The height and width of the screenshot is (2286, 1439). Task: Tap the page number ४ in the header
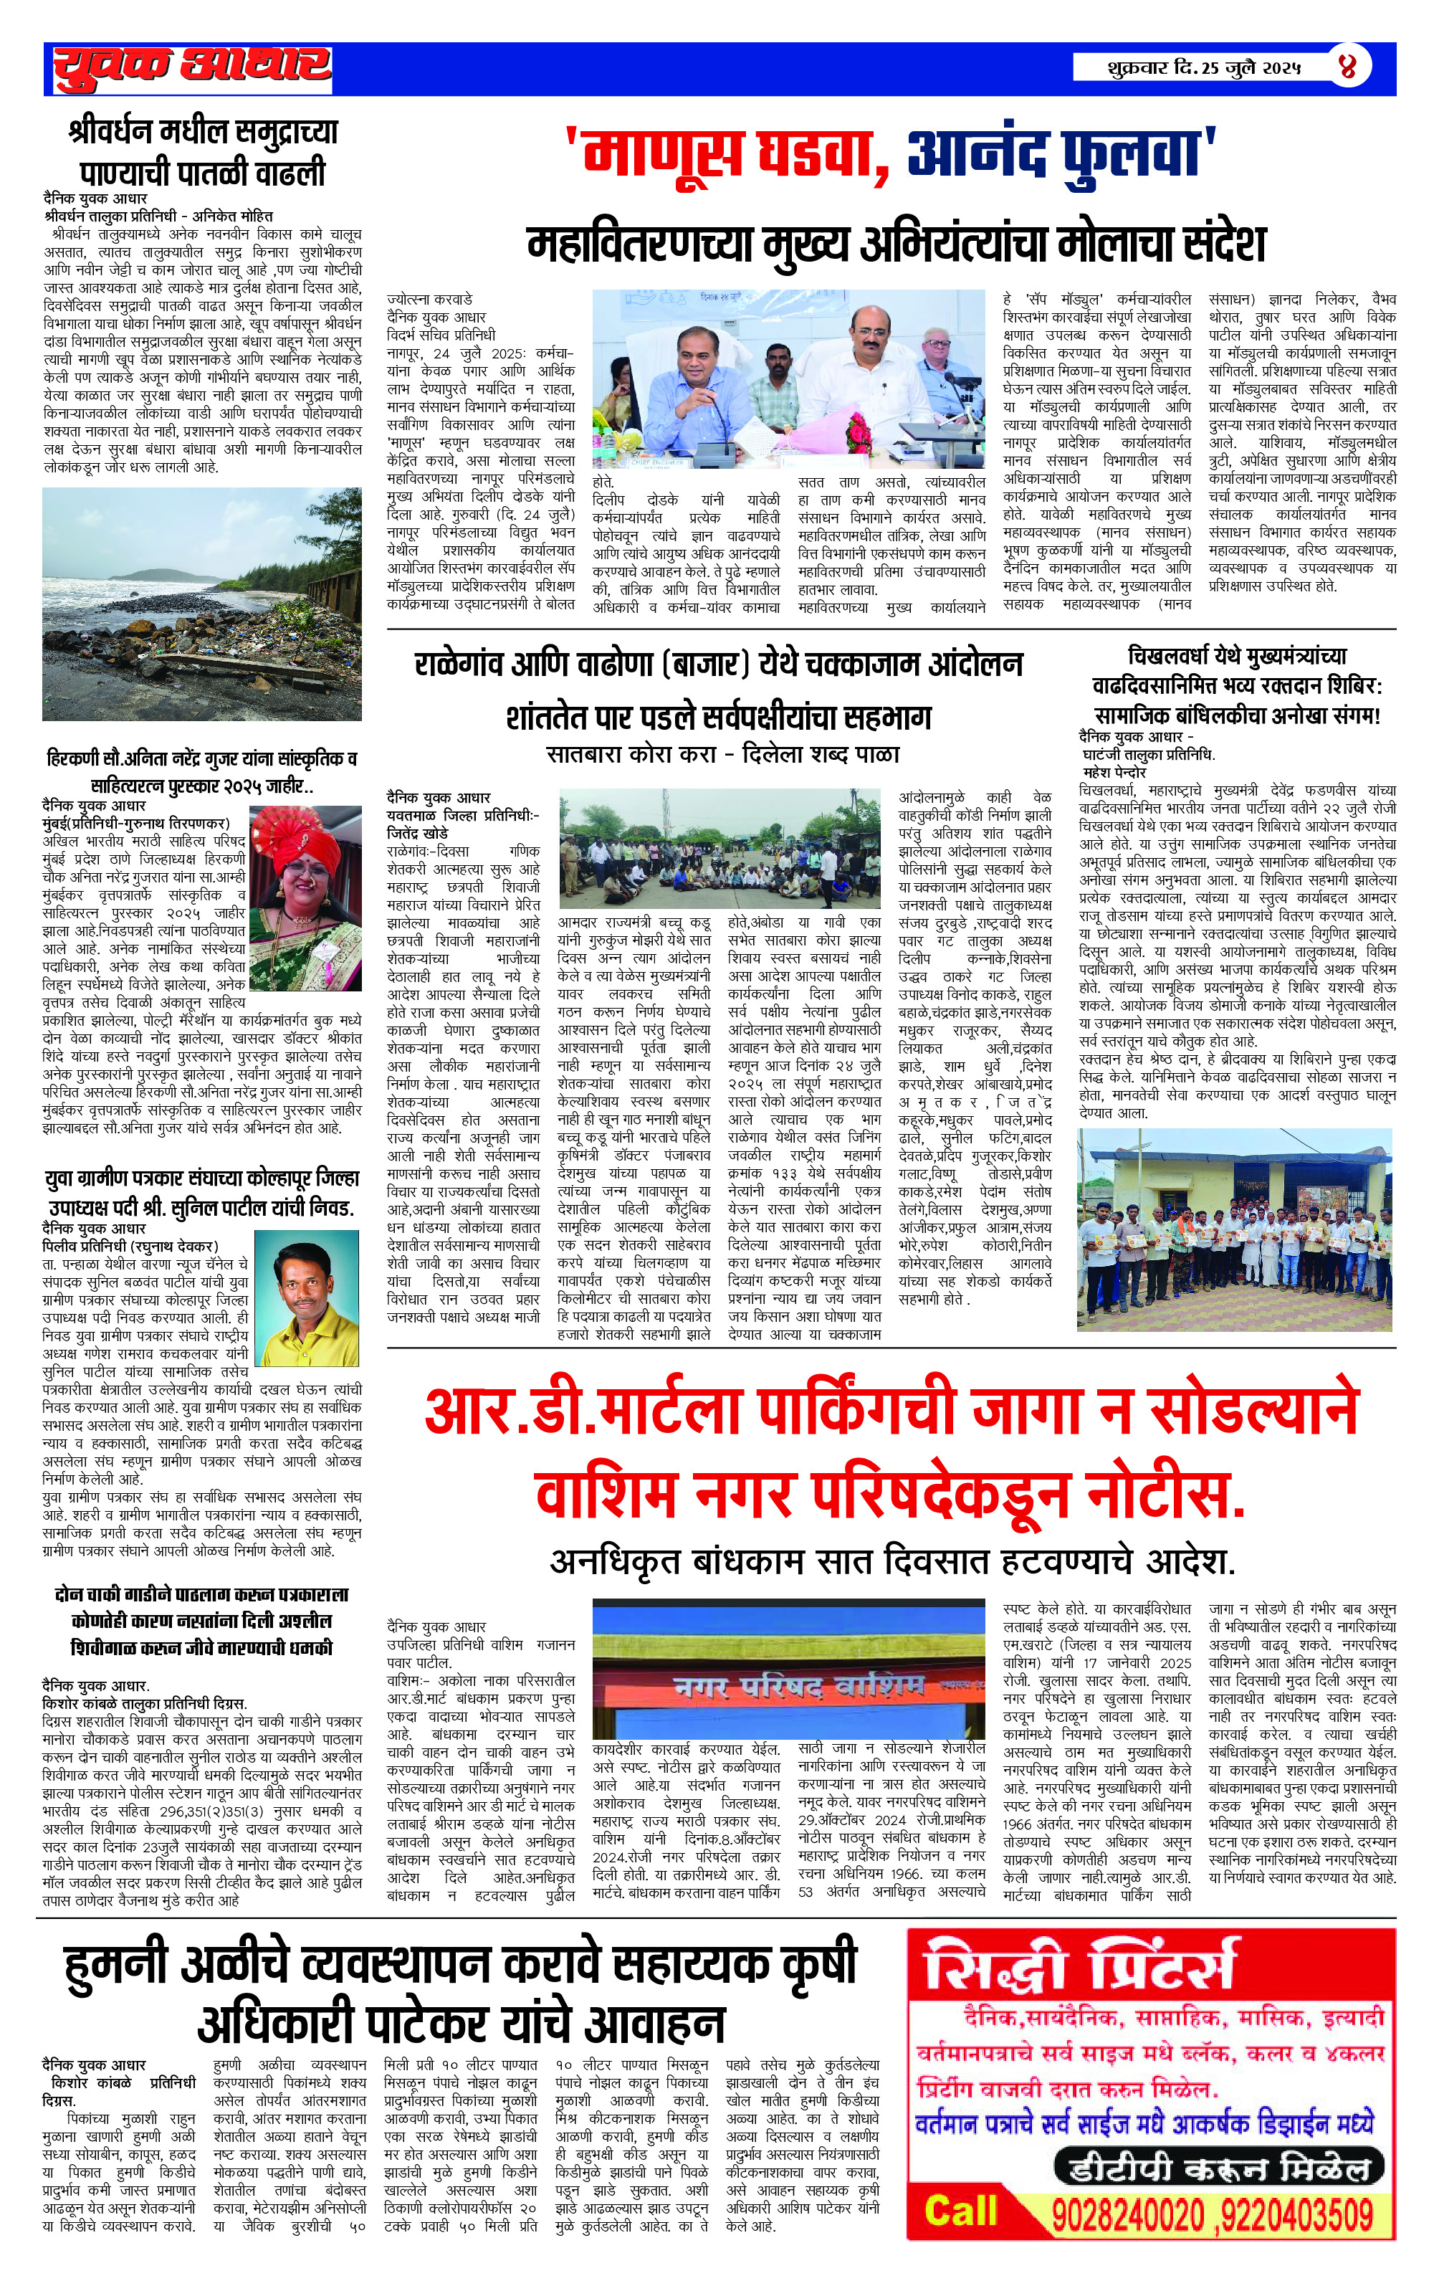click(1348, 67)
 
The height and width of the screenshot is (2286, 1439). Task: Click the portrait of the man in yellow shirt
click(307, 1297)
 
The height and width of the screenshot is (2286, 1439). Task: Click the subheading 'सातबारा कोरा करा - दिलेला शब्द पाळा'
click(722, 755)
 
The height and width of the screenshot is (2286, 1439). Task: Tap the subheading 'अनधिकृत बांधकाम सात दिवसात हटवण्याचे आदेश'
click(892, 1562)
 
